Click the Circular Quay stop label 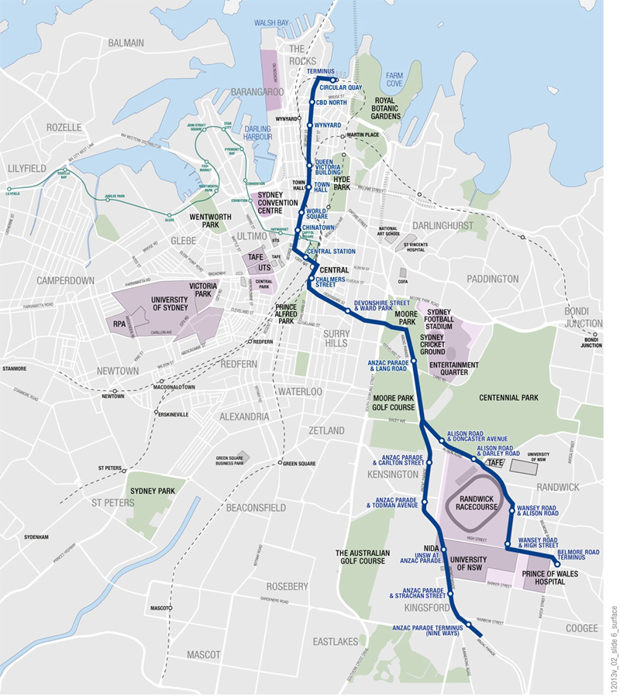pos(340,87)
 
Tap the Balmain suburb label pos(127,43)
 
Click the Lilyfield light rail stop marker pos(9,189)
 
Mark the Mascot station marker pos(172,608)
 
